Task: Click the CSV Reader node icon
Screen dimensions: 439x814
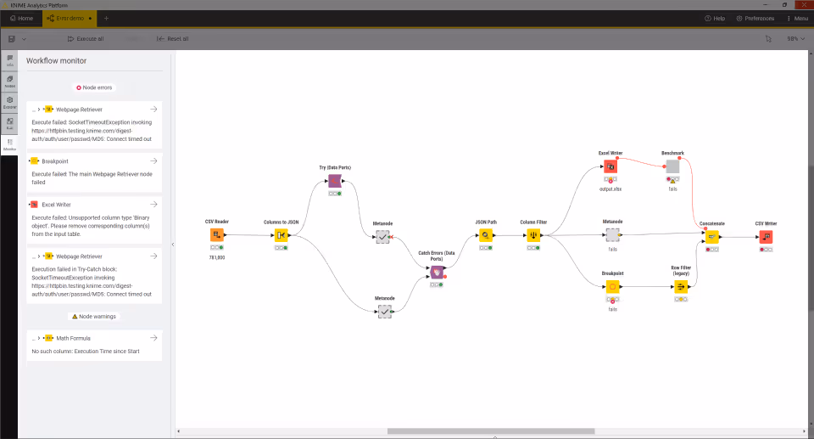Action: pos(217,235)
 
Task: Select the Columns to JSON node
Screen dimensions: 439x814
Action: pos(281,235)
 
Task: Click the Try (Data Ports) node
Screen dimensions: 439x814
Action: pos(335,182)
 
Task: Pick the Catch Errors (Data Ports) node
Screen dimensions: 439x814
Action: pos(437,272)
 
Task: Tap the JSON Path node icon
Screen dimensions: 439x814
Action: pos(486,235)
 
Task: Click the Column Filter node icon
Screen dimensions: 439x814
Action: pos(533,235)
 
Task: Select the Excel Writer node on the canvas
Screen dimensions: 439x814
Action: pos(610,166)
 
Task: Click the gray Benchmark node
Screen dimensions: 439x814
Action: pos(672,166)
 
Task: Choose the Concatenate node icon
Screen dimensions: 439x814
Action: pos(712,237)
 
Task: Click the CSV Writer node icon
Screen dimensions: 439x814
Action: pos(766,237)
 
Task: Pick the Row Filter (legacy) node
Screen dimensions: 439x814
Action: pos(681,287)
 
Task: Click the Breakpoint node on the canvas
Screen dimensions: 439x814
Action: pos(612,287)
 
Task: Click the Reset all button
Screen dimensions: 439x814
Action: pos(173,38)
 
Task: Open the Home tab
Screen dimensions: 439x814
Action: pos(21,18)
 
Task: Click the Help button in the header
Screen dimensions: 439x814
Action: pos(714,18)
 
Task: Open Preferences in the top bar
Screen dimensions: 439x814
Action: pos(755,18)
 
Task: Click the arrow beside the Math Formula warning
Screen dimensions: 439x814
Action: pos(153,338)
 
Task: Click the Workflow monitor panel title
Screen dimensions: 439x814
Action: pos(57,61)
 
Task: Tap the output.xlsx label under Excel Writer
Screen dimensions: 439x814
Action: pos(610,189)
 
